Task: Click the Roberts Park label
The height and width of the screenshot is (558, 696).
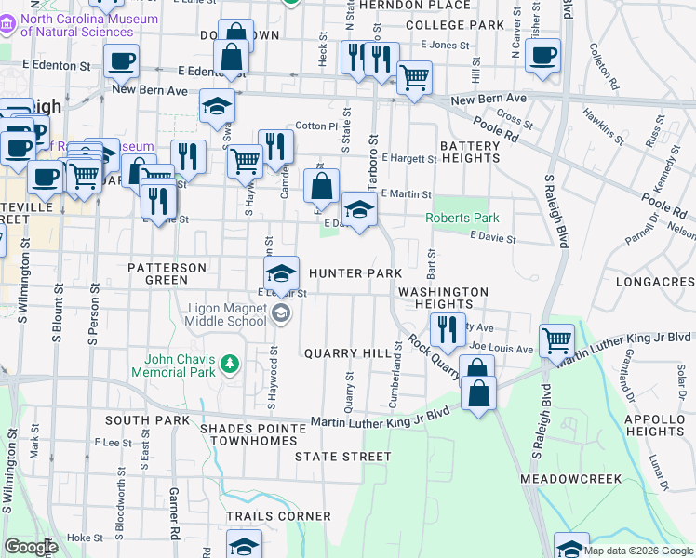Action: pos(462,218)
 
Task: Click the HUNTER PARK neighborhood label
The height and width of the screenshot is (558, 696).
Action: pos(355,273)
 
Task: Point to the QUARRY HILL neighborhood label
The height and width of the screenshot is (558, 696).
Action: pos(349,353)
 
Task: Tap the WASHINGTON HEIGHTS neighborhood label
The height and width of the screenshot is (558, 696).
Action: pos(443,298)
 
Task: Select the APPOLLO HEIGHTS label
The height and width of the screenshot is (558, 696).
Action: pos(655,425)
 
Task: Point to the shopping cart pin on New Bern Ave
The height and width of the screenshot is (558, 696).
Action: pos(413,78)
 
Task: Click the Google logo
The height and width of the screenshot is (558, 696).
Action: pos(31,547)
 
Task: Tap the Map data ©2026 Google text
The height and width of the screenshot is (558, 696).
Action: pos(638,551)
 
